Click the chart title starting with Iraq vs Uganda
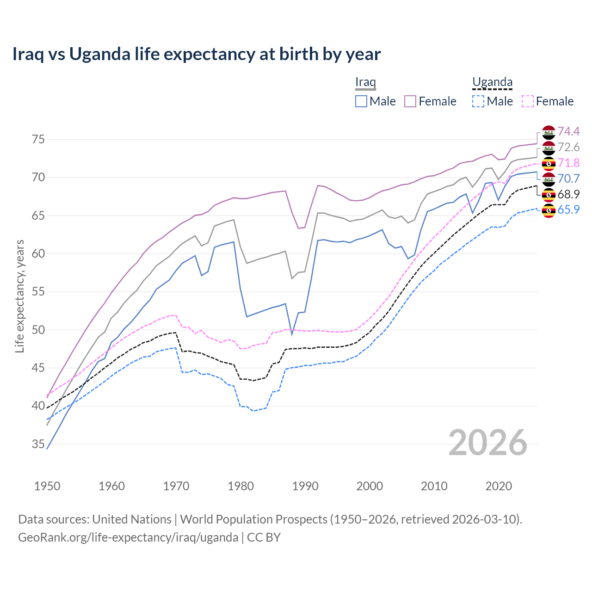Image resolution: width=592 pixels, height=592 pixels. [196, 54]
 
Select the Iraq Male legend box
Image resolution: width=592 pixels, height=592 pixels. [361, 101]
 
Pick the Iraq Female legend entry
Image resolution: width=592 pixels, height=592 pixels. [431, 101]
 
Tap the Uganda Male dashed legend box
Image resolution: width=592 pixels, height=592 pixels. [478, 101]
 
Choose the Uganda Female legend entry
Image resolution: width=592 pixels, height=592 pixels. [548, 101]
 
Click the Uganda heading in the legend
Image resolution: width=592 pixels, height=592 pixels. [492, 82]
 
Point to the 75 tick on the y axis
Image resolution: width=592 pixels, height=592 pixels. [38, 139]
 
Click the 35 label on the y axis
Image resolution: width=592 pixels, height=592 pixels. [38, 444]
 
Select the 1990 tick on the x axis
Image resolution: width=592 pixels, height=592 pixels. [305, 486]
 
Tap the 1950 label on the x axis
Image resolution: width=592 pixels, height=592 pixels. [47, 486]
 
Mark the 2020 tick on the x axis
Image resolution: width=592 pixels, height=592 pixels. [499, 486]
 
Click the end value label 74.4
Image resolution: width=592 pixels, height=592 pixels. [568, 132]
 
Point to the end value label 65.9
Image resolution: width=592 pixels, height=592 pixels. [568, 210]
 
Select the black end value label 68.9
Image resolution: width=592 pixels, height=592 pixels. [568, 194]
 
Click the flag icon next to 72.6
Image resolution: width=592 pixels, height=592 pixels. [549, 148]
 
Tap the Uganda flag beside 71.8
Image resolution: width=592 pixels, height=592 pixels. [549, 163]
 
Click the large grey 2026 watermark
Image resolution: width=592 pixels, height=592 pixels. [488, 443]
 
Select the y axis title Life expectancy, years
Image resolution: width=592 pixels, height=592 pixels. [20, 296]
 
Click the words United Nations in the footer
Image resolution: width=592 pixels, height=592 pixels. [132, 519]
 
